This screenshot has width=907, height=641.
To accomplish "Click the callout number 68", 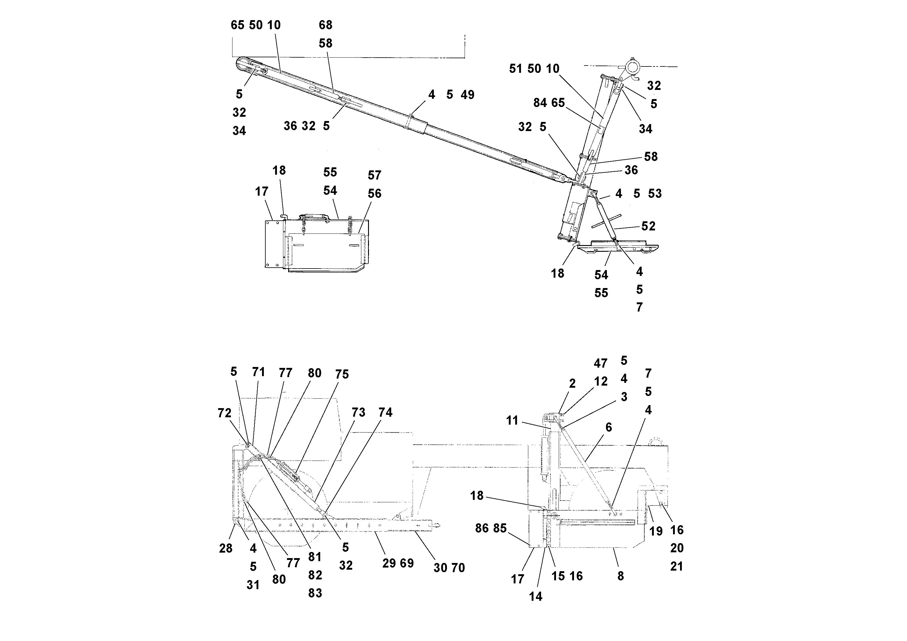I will [325, 25].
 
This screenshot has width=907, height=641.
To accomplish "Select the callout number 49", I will [467, 95].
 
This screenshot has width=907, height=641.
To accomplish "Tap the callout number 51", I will [516, 69].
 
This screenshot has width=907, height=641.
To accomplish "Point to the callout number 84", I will [540, 103].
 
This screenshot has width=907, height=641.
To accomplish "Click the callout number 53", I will [654, 194].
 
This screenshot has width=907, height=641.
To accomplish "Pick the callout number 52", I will [648, 226].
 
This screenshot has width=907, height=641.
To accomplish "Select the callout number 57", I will [374, 175].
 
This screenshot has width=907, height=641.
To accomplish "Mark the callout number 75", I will [342, 374].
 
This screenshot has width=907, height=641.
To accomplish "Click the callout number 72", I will [224, 413].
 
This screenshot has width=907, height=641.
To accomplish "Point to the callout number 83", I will [315, 593].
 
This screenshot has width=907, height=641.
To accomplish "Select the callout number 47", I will [601, 363].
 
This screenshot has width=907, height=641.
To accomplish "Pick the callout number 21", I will [677, 566].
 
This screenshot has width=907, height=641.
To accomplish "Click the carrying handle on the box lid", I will [315, 216].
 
